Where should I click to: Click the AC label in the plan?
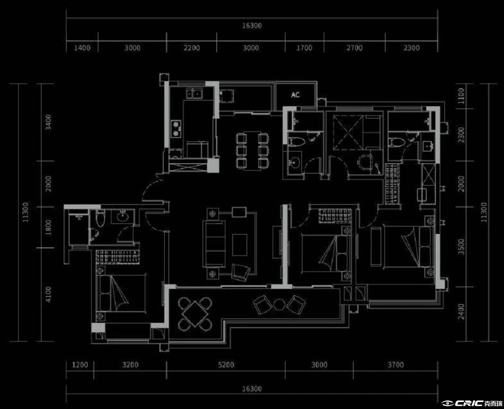pyautogui.click(x=296, y=95)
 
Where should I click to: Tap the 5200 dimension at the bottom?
pyautogui.click(x=226, y=365)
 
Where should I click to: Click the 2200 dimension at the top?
pyautogui.click(x=191, y=48)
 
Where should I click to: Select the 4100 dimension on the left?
pyautogui.click(x=48, y=294)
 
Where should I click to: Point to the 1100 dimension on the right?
pyautogui.click(x=461, y=96)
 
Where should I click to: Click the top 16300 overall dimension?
pyautogui.click(x=252, y=26)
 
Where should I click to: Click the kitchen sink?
pyautogui.click(x=194, y=94)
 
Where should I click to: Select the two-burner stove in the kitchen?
pyautogui.click(x=176, y=129)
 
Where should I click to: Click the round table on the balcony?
pyautogui.click(x=279, y=304)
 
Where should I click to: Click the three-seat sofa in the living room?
pyautogui.click(x=214, y=244)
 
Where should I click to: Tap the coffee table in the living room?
pyautogui.click(x=239, y=245)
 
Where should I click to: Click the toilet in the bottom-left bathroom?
pyautogui.click(x=100, y=218)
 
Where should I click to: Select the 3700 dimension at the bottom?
pyautogui.click(x=396, y=365)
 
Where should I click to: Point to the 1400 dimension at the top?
pyautogui.click(x=82, y=48)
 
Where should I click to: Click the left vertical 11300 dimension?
pyautogui.click(x=26, y=212)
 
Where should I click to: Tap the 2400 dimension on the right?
pyautogui.click(x=461, y=311)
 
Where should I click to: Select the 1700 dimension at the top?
pyautogui.click(x=304, y=48)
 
